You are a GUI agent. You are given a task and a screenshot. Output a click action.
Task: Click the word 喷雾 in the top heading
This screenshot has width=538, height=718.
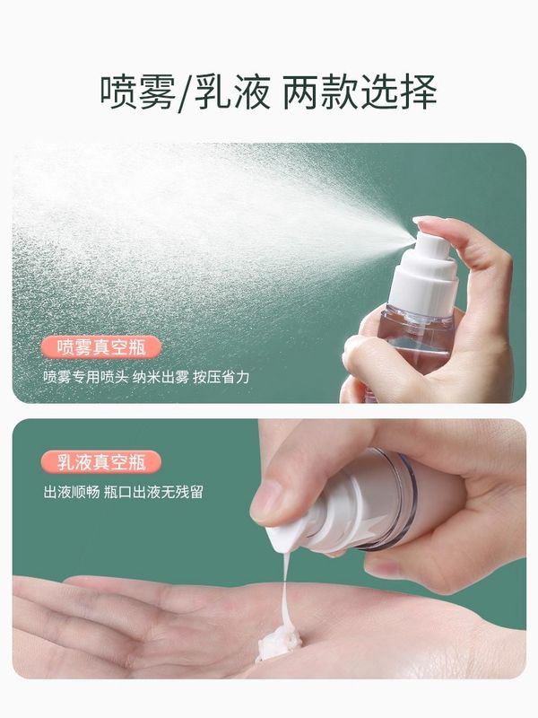(138, 92)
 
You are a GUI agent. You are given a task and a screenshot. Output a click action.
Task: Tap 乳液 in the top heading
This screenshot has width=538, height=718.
(233, 92)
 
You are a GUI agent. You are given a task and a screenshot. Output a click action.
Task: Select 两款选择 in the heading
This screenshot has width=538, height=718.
(360, 92)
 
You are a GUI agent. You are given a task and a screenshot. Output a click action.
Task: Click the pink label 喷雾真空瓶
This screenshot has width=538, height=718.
(101, 346)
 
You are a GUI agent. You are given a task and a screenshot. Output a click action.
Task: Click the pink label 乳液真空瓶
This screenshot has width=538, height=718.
(101, 462)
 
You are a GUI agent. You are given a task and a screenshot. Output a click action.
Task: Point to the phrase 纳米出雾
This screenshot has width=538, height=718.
(161, 377)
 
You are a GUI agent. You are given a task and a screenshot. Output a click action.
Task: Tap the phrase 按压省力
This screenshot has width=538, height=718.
(221, 377)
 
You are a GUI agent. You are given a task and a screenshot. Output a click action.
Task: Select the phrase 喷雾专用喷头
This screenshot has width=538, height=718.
(85, 377)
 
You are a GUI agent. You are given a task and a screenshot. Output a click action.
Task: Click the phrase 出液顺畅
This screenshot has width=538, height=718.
(72, 493)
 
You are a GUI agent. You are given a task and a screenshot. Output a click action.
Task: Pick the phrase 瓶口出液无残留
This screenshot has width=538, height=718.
(153, 493)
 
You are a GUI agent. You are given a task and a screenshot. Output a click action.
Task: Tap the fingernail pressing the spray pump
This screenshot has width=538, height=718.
(426, 222)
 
